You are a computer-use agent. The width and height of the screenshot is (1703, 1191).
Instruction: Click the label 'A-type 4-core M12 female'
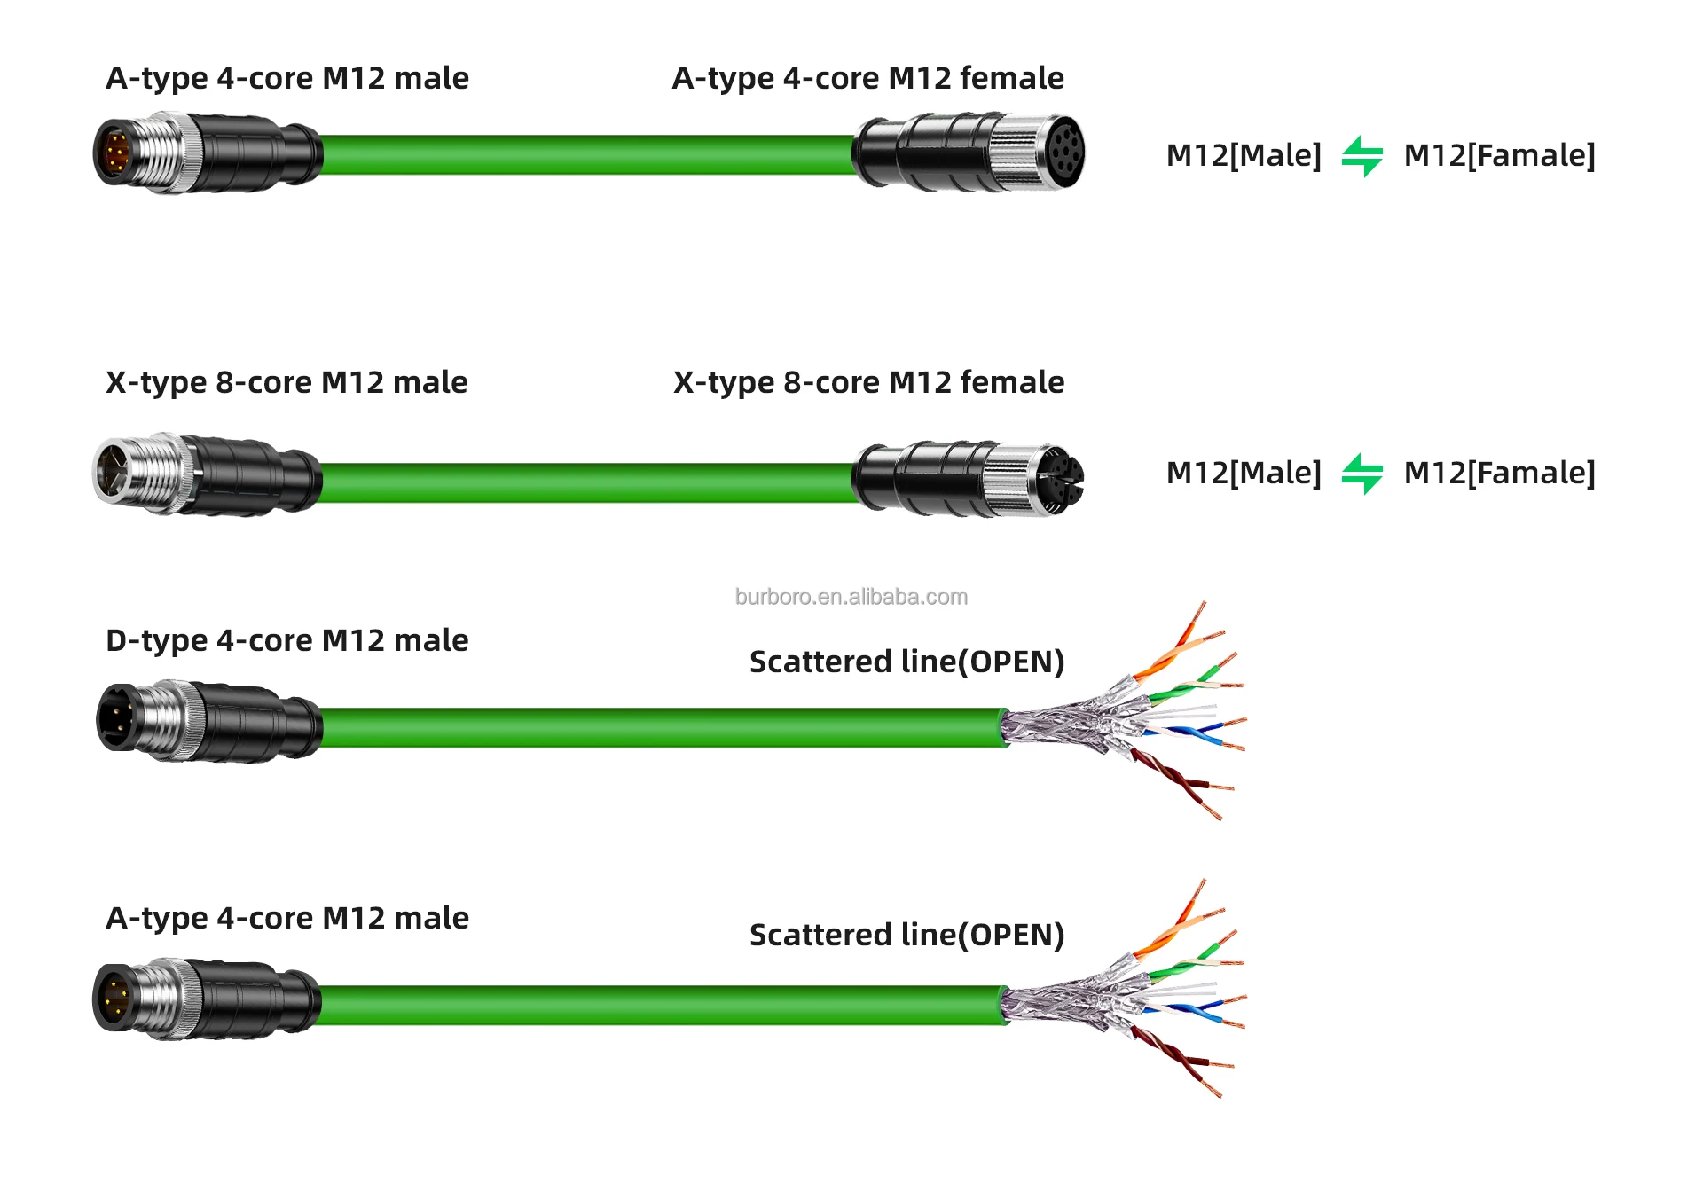coord(867,79)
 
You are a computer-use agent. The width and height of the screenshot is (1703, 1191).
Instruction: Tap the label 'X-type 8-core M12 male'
coord(286,383)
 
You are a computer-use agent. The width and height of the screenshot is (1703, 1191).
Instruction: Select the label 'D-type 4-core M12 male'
coord(286,640)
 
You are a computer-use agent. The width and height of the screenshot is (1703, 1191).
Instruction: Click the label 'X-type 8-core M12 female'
coord(868,383)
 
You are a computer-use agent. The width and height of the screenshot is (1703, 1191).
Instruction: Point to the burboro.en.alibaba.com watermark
coord(851,597)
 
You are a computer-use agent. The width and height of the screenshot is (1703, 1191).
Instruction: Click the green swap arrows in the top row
coord(1362,156)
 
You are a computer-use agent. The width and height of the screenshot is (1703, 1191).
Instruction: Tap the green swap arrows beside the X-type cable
coord(1362,474)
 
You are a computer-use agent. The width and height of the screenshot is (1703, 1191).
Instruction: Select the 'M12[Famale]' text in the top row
coord(1499,156)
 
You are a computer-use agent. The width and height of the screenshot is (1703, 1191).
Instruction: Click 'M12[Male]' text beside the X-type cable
coord(1243,474)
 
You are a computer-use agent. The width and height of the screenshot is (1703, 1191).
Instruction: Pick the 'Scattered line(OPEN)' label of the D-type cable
coord(906,662)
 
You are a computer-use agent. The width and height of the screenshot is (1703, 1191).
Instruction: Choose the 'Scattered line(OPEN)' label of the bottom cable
coord(906,936)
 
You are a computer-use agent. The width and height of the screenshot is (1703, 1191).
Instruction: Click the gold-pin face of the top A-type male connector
coord(115,153)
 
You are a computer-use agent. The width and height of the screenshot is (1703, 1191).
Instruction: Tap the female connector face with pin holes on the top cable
coord(1063,152)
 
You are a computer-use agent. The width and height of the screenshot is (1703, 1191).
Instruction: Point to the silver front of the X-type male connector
coord(115,471)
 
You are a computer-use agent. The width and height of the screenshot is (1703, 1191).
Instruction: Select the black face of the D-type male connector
coord(116,717)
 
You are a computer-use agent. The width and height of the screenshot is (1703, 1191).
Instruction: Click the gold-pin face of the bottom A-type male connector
coord(114,997)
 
